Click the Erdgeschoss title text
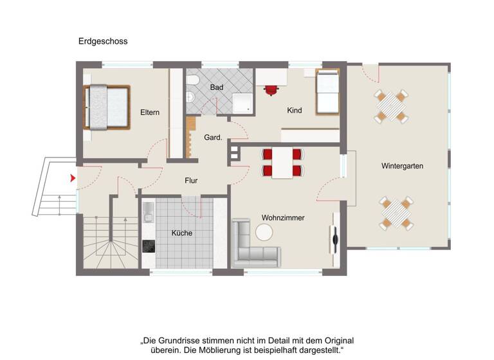click(x=103, y=41)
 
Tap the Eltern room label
click(x=150, y=113)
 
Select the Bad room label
click(x=216, y=87)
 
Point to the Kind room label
click(x=295, y=111)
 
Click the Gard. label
click(x=213, y=138)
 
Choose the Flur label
click(x=191, y=181)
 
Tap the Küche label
click(x=182, y=233)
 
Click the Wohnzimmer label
click(x=283, y=218)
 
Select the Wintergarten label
click(x=402, y=166)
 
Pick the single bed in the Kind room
click(x=326, y=92)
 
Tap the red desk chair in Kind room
click(x=271, y=90)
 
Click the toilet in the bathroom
click(x=190, y=97)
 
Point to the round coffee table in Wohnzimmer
click(x=264, y=231)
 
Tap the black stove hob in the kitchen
click(x=148, y=246)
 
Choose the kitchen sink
click(x=147, y=210)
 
